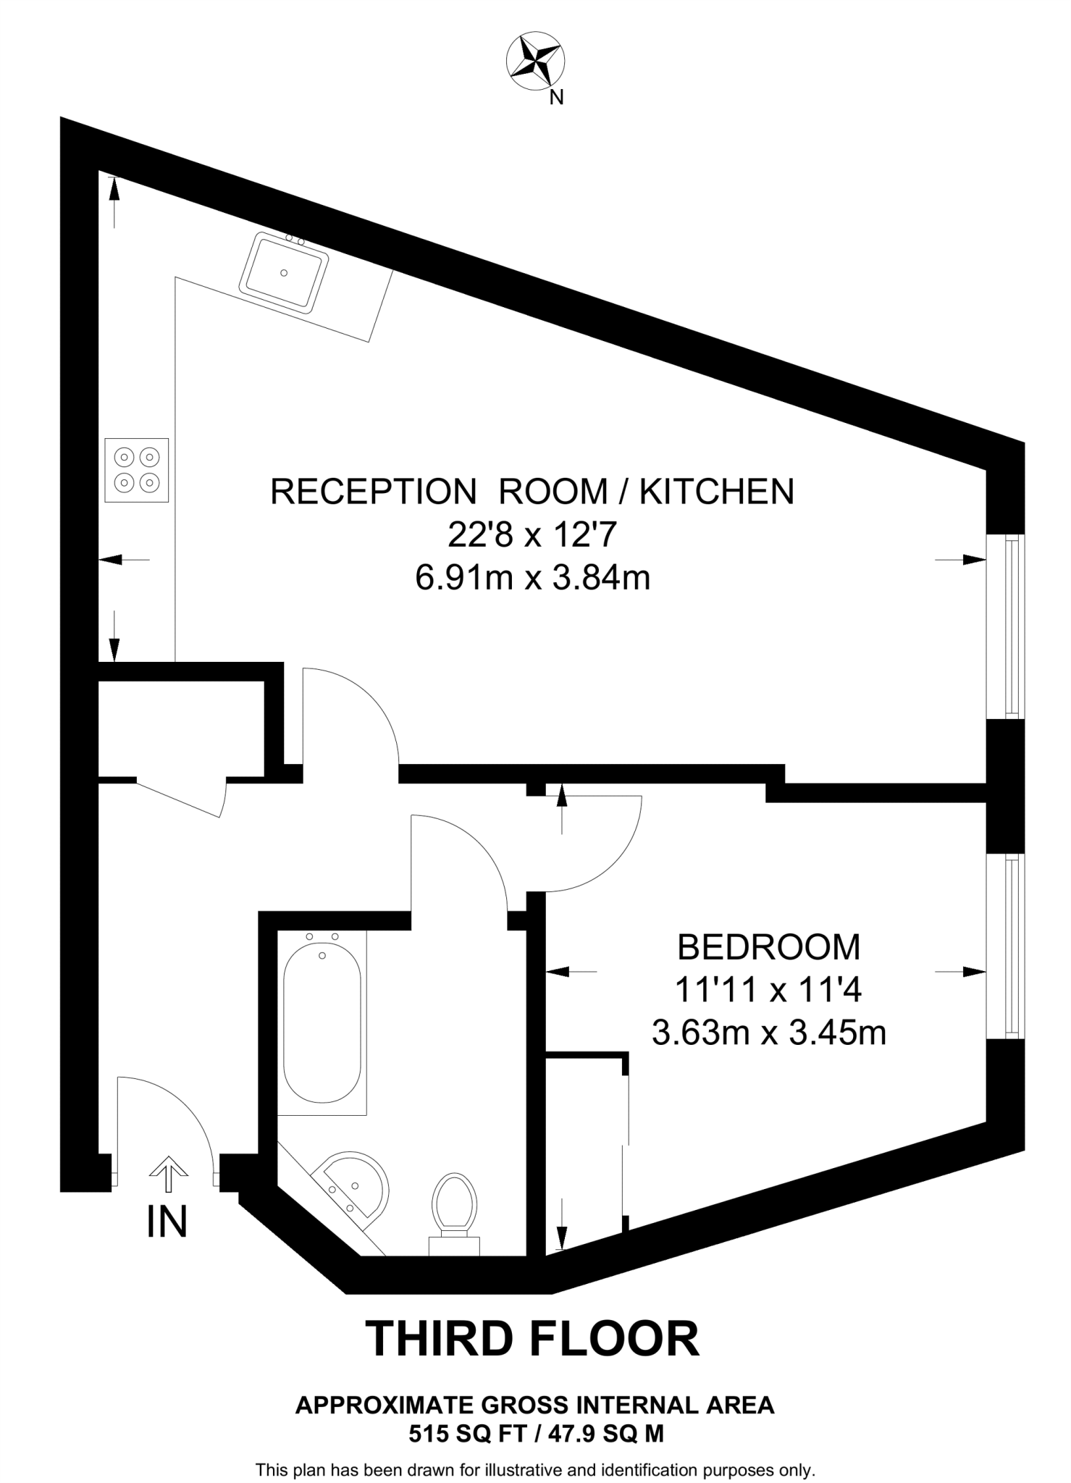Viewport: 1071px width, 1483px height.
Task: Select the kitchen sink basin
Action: (x=284, y=272)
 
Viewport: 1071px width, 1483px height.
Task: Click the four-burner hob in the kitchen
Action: (x=136, y=469)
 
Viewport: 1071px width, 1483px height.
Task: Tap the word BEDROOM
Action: (x=768, y=946)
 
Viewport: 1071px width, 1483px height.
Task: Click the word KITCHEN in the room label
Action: (x=716, y=492)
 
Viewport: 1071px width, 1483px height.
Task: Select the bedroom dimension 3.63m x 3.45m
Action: (x=768, y=1033)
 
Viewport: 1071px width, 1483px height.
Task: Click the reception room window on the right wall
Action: (x=1007, y=626)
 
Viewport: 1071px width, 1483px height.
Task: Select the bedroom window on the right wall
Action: (x=1007, y=946)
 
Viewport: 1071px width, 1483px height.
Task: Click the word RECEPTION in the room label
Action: (x=373, y=492)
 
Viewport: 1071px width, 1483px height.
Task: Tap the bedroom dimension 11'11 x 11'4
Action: (x=768, y=990)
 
